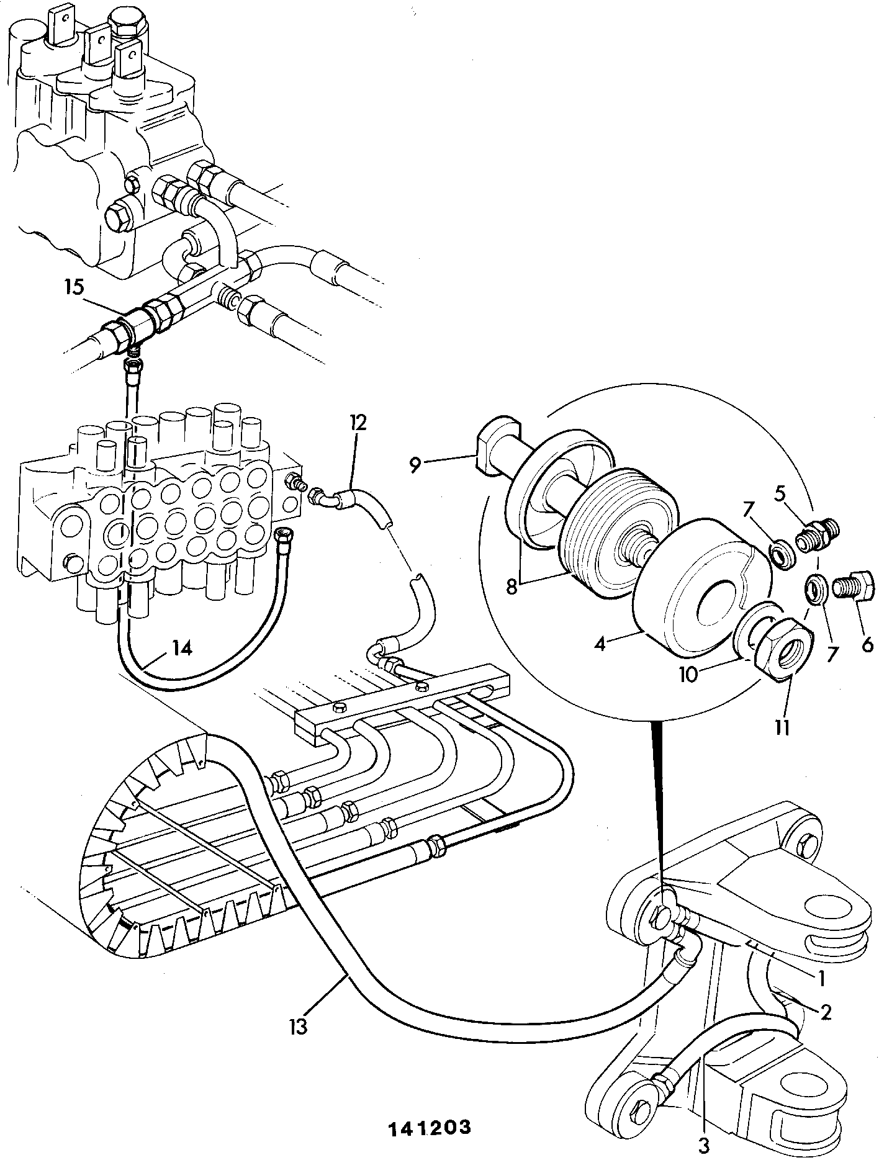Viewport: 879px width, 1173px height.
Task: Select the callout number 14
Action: click(x=180, y=648)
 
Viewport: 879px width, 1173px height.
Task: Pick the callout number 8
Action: click(x=511, y=586)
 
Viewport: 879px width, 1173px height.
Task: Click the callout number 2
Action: click(x=825, y=1012)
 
